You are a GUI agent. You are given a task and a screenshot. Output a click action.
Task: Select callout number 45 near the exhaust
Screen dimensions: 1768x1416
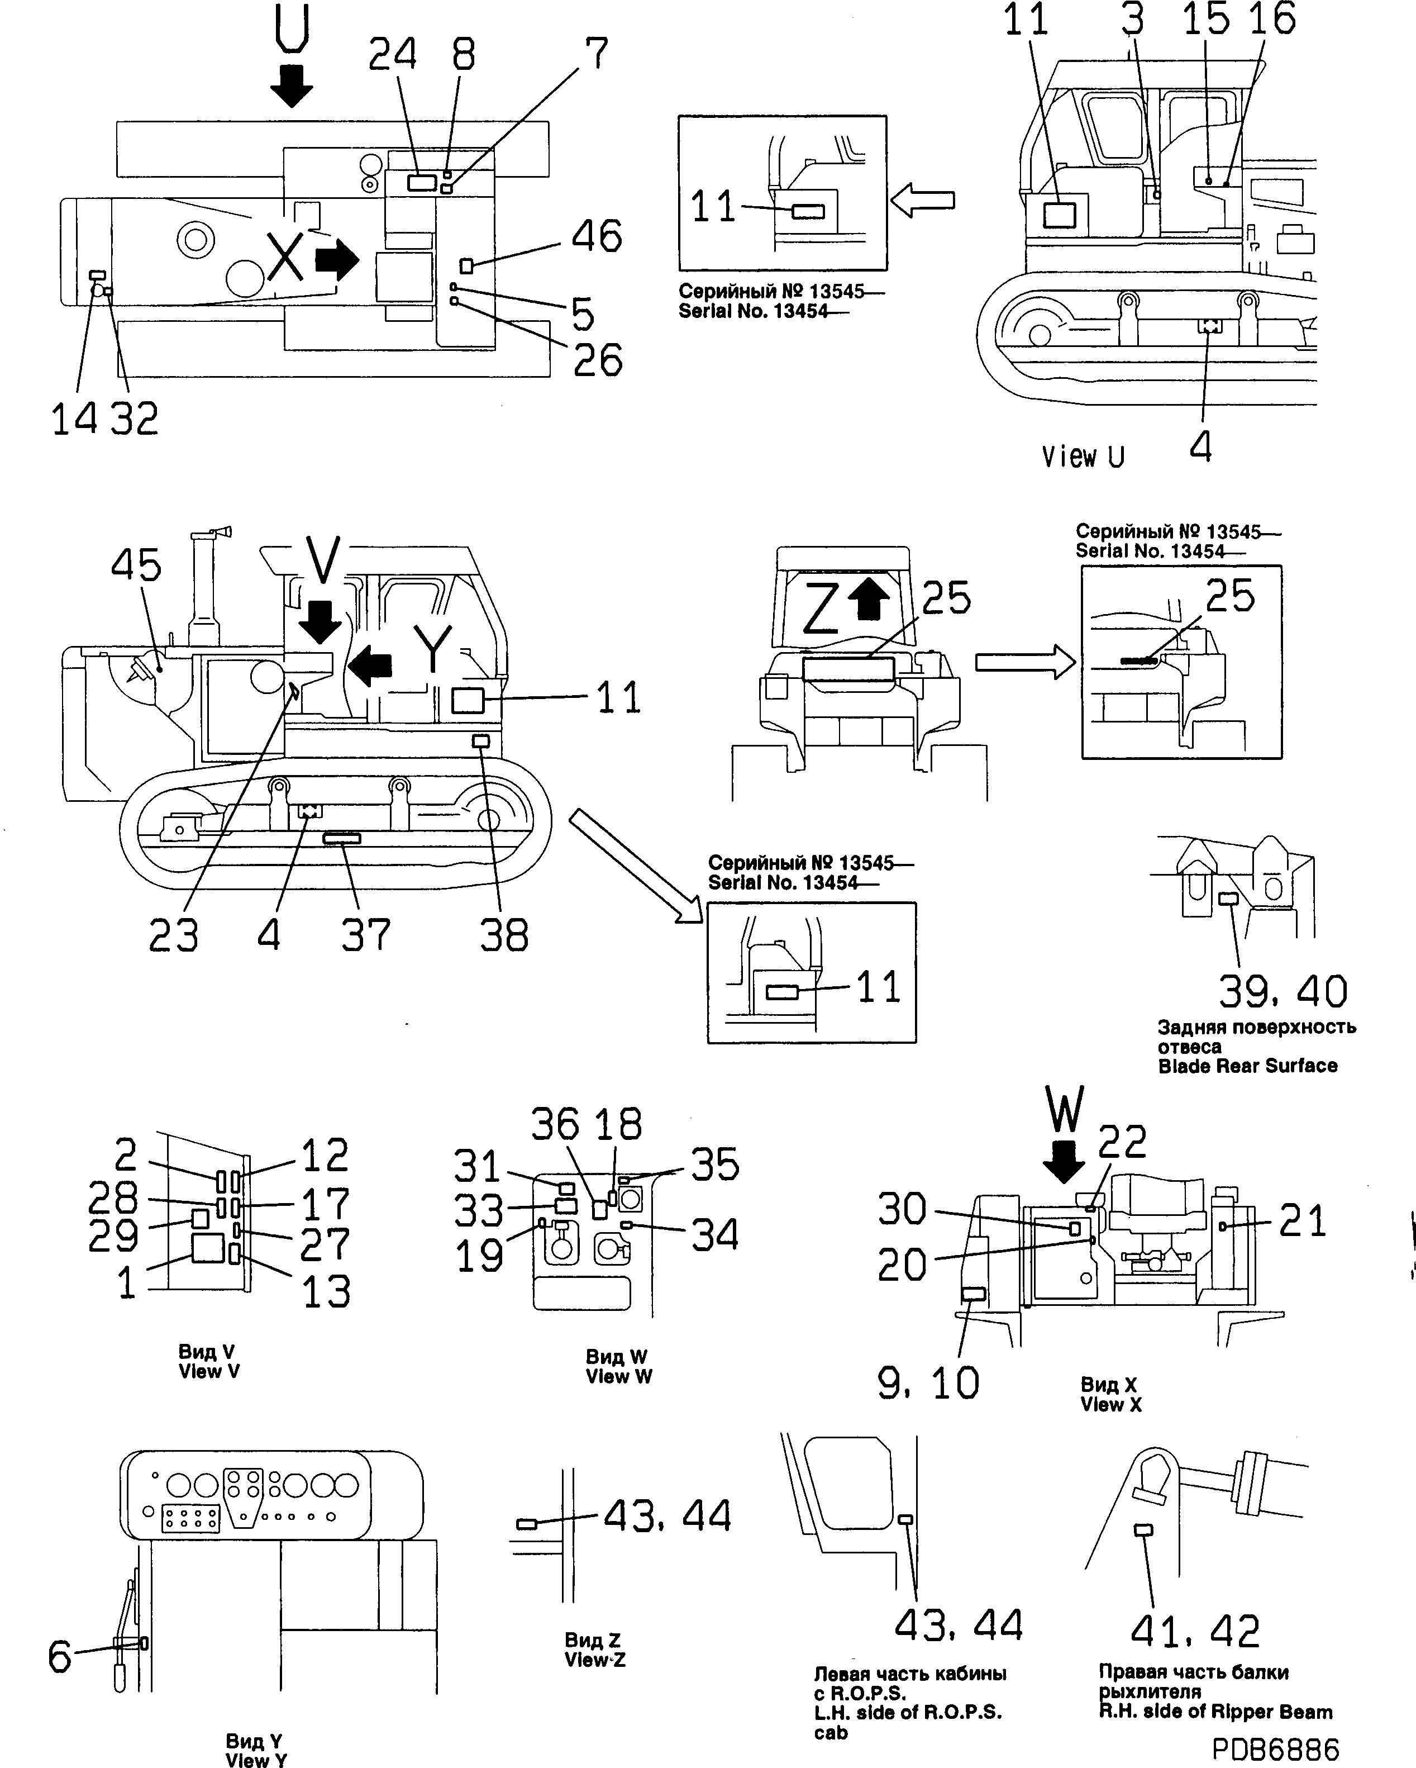[x=136, y=566]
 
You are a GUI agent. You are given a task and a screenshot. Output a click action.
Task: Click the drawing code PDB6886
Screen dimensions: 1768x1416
[x=1275, y=1748]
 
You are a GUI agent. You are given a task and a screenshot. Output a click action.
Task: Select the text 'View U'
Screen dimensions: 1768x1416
[x=1083, y=457]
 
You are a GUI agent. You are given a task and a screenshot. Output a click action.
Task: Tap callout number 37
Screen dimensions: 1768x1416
[x=366, y=935]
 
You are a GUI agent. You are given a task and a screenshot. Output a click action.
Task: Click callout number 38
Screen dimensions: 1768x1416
[x=503, y=935]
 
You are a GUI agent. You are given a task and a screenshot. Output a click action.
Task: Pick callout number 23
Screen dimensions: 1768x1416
[x=173, y=935]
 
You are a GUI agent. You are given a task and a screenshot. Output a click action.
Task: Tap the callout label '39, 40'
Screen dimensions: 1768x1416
[x=1282, y=991]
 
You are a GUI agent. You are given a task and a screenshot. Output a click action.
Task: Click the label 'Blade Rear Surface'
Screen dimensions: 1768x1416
[x=1247, y=1066]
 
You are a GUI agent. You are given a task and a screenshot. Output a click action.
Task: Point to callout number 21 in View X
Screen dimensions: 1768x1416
[x=1302, y=1221]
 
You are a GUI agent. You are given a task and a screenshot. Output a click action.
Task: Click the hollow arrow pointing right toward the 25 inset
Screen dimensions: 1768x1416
[x=1025, y=662]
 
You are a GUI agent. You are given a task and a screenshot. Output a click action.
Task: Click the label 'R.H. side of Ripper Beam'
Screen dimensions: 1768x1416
[x=1215, y=1712]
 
